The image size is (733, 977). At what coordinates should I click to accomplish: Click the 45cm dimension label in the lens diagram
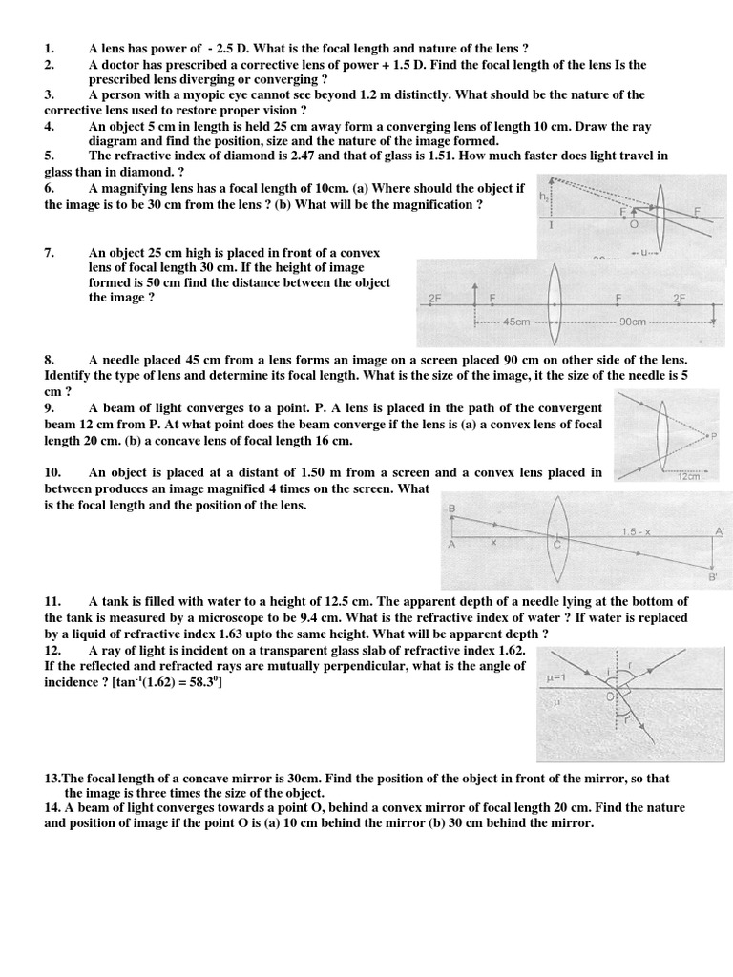point(515,322)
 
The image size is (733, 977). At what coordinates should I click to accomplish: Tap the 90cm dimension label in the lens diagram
point(633,322)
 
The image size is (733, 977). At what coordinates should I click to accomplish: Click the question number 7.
point(49,253)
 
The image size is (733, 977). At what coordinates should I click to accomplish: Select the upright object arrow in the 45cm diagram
point(474,298)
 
